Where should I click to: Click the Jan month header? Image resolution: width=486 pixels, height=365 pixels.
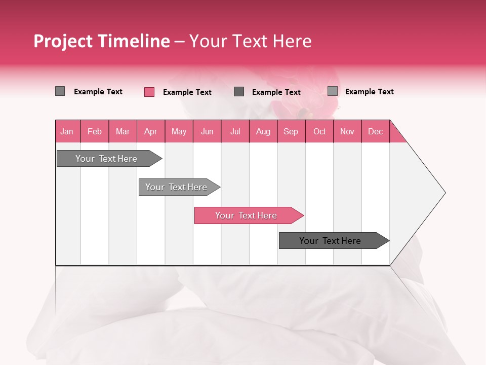[67, 131]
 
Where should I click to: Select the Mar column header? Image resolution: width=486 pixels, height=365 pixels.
[123, 131]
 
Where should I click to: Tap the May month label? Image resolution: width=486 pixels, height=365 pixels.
[179, 131]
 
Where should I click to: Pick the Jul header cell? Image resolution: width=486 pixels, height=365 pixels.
[235, 131]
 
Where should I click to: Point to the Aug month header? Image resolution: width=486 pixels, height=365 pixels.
[263, 131]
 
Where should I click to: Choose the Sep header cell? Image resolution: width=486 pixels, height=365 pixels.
[291, 131]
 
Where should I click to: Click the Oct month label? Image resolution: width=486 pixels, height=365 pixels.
[319, 131]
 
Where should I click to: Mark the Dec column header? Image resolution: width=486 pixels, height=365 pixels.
[375, 131]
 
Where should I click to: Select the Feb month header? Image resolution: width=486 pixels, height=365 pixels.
[95, 131]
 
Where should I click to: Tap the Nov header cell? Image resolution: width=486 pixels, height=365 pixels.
[347, 131]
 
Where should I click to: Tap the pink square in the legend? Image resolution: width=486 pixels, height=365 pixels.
[149, 92]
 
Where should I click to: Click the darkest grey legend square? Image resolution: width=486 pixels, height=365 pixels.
[239, 91]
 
